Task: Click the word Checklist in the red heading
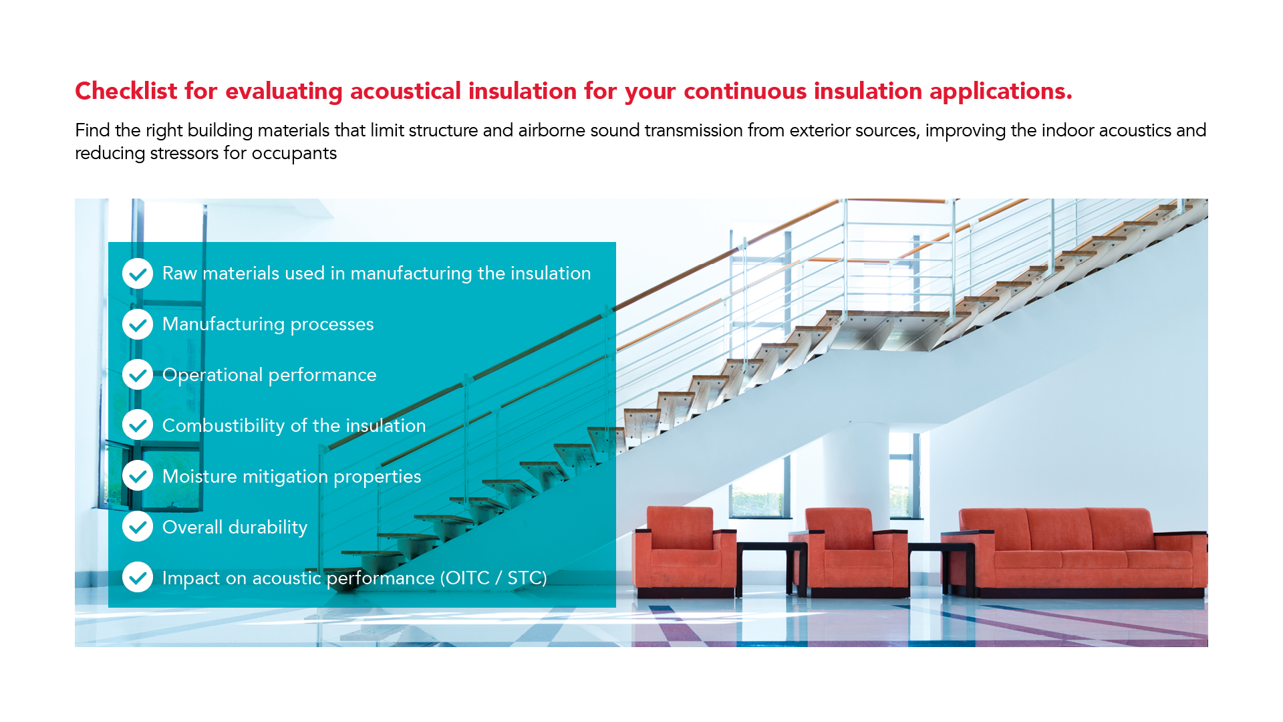pos(126,91)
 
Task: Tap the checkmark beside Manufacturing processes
pos(138,324)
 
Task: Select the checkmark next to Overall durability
pos(138,527)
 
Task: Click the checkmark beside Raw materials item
pos(138,273)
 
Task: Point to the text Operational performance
pos(269,375)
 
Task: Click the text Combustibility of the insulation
pos(294,425)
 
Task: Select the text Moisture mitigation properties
pos(292,477)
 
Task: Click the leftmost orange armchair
pos(684,552)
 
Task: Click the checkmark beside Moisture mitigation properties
pos(138,476)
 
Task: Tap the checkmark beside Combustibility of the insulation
pos(138,425)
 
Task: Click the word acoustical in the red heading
pos(406,91)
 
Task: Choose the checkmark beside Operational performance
pos(138,375)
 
